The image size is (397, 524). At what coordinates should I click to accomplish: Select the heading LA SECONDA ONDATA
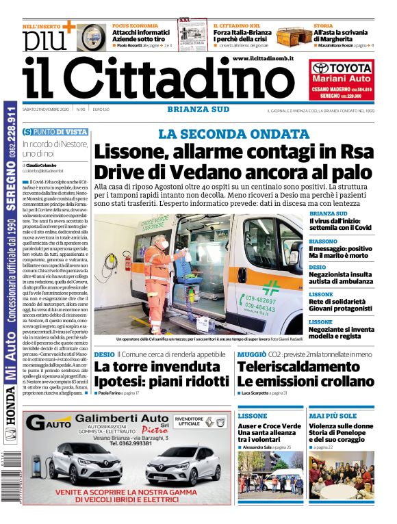click(233, 134)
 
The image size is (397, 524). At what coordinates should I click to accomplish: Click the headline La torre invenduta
click(147, 367)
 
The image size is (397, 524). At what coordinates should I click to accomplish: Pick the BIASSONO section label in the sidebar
click(322, 241)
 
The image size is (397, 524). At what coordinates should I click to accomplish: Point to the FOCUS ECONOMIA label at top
click(135, 26)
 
